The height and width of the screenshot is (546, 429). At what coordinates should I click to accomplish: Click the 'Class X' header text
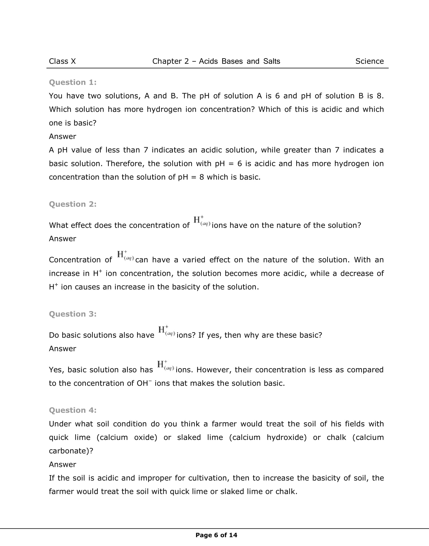click(x=62, y=61)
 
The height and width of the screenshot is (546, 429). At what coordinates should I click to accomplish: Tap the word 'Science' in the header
click(x=369, y=61)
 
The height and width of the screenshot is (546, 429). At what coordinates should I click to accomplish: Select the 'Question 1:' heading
click(x=73, y=82)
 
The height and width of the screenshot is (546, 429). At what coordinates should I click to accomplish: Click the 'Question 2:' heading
click(x=73, y=204)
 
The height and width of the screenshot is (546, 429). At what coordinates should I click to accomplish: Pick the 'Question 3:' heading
click(x=73, y=314)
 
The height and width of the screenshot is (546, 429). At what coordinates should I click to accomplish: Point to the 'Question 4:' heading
click(x=73, y=410)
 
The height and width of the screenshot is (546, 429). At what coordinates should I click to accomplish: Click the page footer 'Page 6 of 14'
click(x=216, y=535)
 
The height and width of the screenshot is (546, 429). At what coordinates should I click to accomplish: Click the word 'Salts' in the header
click(x=272, y=61)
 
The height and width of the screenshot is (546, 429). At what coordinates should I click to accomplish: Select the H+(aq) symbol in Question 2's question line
click(x=202, y=220)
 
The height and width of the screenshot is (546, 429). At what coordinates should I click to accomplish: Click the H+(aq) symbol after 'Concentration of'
click(x=125, y=255)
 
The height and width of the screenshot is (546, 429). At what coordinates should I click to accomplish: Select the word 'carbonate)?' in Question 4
click(x=71, y=451)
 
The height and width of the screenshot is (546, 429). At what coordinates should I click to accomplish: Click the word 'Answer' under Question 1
click(x=63, y=137)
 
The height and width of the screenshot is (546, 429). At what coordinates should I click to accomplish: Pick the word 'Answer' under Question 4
click(x=63, y=464)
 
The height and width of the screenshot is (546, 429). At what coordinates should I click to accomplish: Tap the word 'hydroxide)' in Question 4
click(x=287, y=437)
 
